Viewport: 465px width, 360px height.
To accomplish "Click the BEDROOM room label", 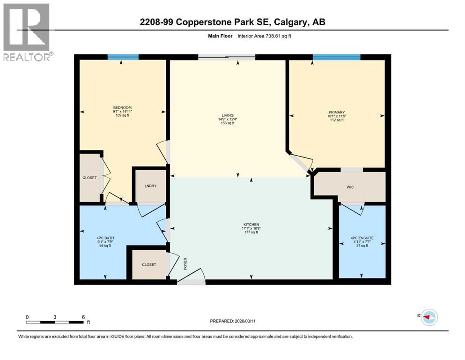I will point(122,108).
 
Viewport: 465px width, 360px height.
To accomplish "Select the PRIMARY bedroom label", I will point(336,112).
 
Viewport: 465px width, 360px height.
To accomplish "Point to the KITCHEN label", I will point(251,225).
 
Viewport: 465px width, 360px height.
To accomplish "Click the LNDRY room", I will point(150,186).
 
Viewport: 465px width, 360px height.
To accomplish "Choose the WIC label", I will point(349,187).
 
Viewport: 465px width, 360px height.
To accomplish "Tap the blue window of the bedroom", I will point(123,57).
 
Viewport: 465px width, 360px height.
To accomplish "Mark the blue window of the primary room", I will point(336,57).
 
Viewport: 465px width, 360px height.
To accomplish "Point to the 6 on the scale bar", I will point(83,317).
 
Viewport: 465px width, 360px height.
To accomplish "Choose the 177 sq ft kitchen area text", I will point(251,232).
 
